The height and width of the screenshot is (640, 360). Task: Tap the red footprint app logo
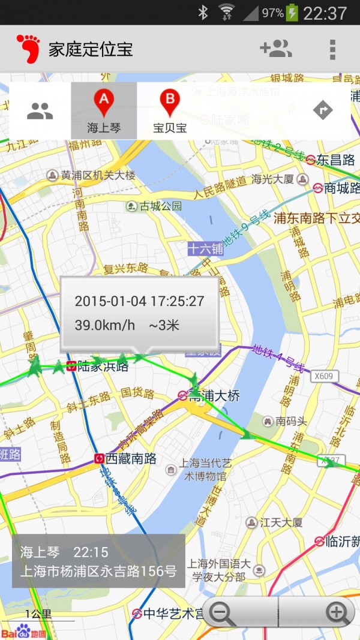28,49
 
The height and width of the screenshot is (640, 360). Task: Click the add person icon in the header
275,49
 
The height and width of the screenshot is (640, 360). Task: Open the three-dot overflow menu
332,49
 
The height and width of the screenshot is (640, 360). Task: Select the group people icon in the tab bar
40,110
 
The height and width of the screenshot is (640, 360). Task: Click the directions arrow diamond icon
323,110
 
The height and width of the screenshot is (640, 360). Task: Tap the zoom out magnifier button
224,612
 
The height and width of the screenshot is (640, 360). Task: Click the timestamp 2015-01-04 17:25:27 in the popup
139,301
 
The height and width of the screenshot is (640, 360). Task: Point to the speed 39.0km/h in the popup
105,325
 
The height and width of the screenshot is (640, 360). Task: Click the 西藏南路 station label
131,459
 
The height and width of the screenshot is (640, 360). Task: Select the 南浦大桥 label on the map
214,396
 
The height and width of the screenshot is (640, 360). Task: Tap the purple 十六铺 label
205,248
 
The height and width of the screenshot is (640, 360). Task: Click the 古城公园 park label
160,206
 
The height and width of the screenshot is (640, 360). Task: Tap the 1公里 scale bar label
38,614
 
